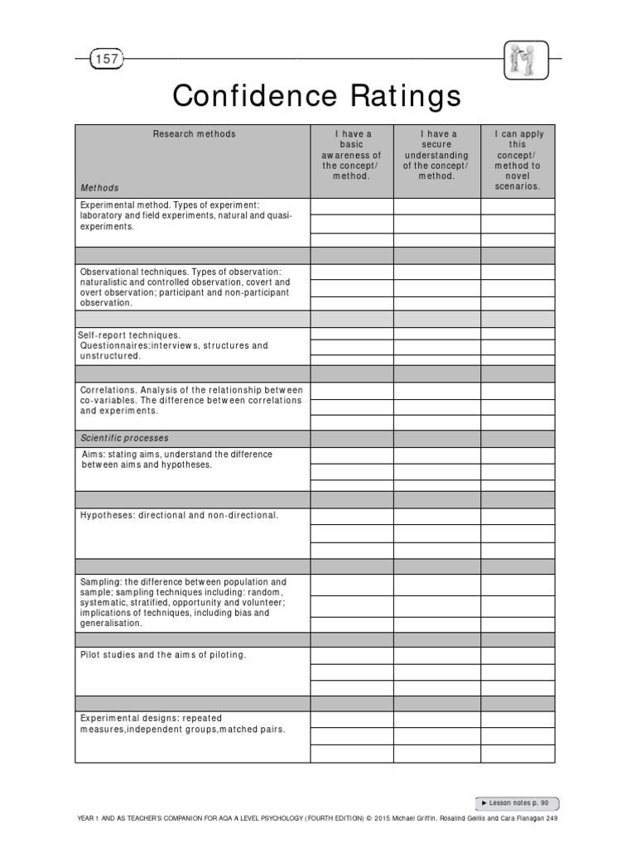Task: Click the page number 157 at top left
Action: (107, 59)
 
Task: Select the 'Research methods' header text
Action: (194, 134)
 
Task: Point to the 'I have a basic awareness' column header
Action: (351, 155)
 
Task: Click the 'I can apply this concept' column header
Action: (518, 160)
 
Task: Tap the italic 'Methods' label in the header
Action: (99, 188)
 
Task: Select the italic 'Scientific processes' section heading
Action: (124, 438)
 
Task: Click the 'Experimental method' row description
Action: (185, 215)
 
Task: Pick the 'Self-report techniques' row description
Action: (173, 345)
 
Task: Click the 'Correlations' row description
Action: (191, 400)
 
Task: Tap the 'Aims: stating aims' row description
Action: (176, 460)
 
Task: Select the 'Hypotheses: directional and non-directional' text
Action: (180, 515)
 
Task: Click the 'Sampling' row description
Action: (183, 603)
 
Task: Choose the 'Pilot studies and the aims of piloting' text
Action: (163, 655)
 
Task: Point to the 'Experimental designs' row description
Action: (182, 724)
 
